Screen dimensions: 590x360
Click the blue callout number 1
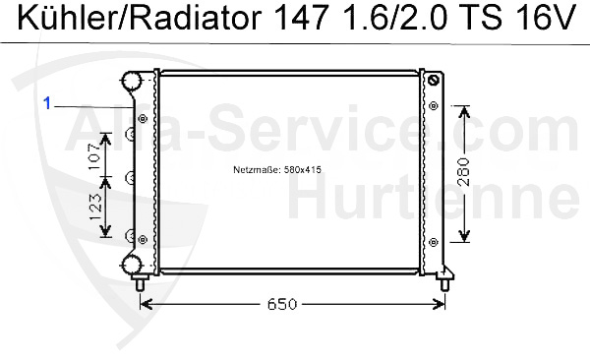point(46,103)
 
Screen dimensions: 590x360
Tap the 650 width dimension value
point(282,304)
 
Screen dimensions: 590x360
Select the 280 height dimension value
point(464,172)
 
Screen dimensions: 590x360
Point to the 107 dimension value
point(94,155)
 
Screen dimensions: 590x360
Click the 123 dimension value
point(95,208)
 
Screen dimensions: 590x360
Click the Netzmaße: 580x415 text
point(277,170)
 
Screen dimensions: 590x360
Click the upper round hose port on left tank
point(131,81)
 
